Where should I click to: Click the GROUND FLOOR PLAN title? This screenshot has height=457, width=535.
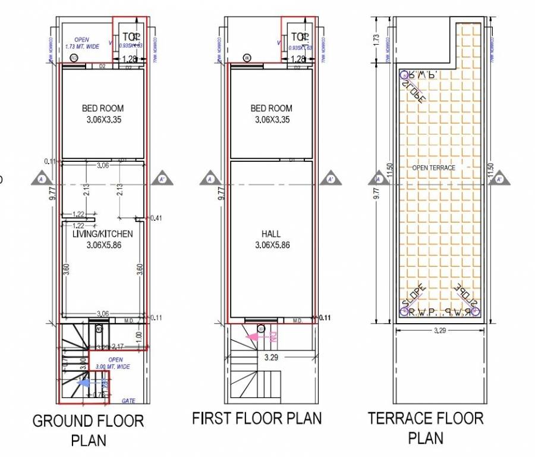(88, 430)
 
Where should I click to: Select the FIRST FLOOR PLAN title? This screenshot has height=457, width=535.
(257, 418)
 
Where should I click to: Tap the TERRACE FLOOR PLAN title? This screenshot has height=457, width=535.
(426, 427)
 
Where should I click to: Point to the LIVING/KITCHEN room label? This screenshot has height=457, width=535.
(102, 239)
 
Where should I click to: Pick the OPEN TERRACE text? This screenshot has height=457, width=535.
(434, 168)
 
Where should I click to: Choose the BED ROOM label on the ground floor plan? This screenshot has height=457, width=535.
(103, 113)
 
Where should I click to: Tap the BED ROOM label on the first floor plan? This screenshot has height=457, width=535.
(272, 113)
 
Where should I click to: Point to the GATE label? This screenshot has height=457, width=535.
(128, 401)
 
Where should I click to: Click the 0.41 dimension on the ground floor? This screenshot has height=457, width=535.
(156, 218)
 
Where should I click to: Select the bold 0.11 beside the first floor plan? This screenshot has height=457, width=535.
(325, 318)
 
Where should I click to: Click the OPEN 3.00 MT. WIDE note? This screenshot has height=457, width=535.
(115, 363)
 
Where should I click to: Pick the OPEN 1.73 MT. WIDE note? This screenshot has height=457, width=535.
(81, 43)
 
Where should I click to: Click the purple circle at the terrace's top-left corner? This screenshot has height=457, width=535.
(404, 75)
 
